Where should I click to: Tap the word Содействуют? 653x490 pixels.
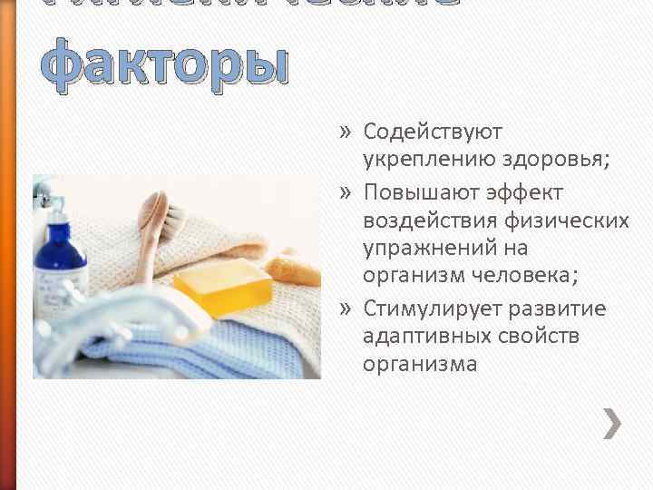click(x=433, y=132)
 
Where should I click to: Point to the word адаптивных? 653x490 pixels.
click(x=426, y=337)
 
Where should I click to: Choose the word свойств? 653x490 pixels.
click(x=540, y=337)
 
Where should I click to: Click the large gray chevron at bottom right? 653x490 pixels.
click(x=612, y=423)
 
